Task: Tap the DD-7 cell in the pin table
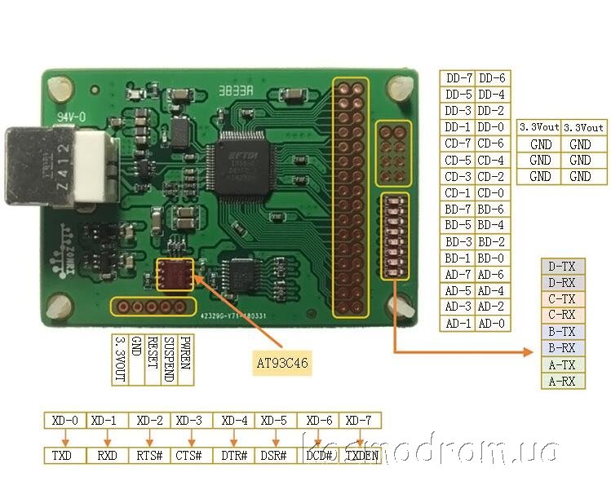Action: tap(458, 78)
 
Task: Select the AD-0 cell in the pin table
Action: tap(492, 324)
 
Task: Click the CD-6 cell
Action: tap(492, 143)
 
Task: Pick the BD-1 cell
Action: tap(458, 258)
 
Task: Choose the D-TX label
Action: tap(562, 266)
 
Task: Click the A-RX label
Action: tap(562, 381)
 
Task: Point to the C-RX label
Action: tap(562, 315)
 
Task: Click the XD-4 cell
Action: tap(235, 421)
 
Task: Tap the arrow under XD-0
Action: tap(64, 438)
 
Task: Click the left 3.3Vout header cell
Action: tap(539, 127)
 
